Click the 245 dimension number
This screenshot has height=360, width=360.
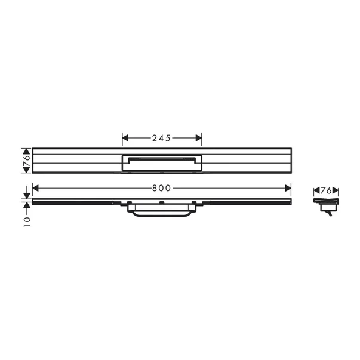(x=162, y=138)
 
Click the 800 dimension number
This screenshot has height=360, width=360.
(x=161, y=187)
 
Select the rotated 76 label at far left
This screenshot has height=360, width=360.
(x=26, y=161)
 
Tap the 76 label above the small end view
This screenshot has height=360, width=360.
(x=326, y=190)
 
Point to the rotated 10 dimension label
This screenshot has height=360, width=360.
(x=26, y=221)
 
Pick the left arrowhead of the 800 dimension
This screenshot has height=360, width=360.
(x=35, y=187)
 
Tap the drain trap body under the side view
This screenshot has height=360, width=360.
(x=162, y=211)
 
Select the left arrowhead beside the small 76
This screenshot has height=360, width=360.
(x=316, y=191)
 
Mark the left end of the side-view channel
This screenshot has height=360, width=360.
(x=33, y=202)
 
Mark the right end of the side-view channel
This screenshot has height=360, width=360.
(x=290, y=202)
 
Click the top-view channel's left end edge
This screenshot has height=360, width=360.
(x=32, y=161)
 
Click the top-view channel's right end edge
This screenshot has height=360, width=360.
(x=291, y=161)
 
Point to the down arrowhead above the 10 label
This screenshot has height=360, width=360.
(x=26, y=195)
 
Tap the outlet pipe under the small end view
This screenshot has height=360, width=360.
(x=328, y=213)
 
